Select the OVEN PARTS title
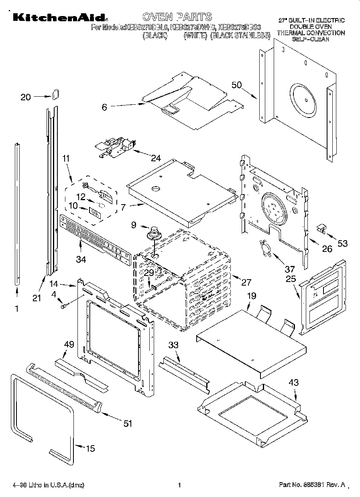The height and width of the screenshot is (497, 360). [177, 17]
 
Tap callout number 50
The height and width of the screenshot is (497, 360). [237, 85]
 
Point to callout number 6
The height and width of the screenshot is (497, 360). [104, 107]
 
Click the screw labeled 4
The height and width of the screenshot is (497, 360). [63, 306]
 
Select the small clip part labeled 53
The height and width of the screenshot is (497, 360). [321, 229]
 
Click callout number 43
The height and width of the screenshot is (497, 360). [294, 383]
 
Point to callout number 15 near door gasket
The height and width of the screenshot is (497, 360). [91, 448]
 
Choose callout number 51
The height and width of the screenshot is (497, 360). [128, 424]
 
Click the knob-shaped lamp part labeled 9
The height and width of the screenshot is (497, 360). [153, 233]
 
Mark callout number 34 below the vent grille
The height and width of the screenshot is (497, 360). [81, 260]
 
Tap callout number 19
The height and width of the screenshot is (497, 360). [251, 296]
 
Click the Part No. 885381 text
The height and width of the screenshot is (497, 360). [312, 485]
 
